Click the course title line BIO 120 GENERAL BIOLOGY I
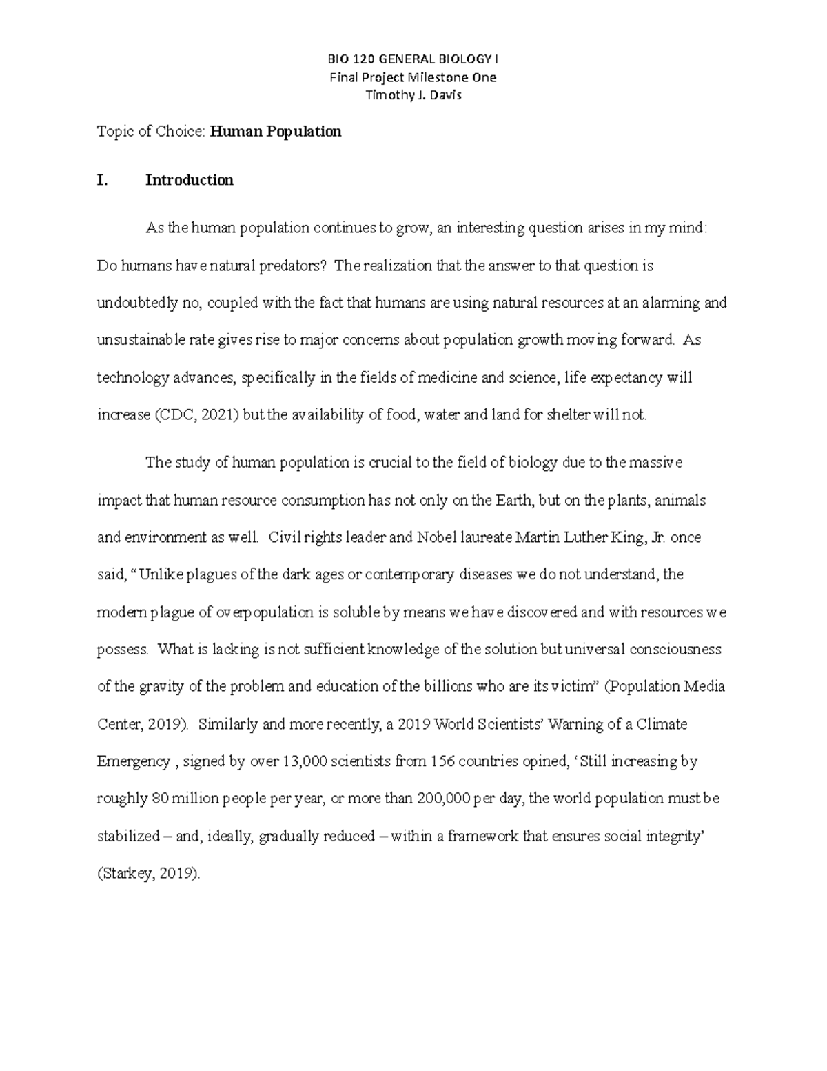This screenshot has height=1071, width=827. coord(413,59)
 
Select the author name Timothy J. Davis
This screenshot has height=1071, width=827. coord(413,95)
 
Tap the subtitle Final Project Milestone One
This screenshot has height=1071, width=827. coord(413,77)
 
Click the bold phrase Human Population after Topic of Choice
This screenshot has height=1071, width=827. coord(276,132)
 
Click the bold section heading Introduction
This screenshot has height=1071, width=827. coord(190,181)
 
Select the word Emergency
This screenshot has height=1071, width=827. coord(133,762)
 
